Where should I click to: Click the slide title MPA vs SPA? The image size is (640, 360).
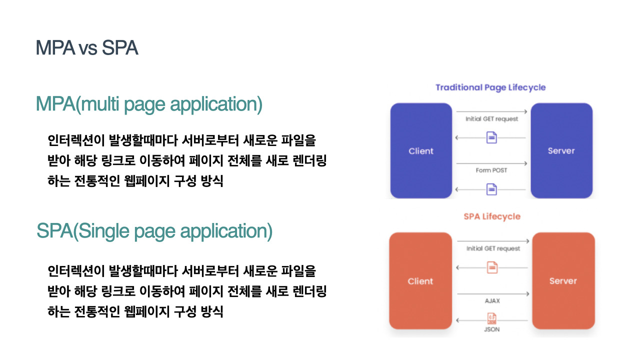[87, 48]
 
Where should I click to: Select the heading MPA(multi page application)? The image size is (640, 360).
[149, 104]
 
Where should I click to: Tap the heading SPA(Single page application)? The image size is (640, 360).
[154, 231]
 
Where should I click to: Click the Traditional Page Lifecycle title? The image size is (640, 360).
[490, 87]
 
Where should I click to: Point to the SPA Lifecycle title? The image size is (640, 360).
[492, 216]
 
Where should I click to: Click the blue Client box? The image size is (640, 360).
[421, 151]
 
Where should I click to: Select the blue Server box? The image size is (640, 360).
[561, 151]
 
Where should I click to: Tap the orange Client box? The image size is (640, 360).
[420, 281]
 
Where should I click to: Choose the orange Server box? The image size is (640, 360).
[563, 281]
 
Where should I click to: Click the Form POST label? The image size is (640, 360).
[491, 170]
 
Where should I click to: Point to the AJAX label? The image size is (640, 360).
[492, 301]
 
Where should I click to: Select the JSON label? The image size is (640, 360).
[492, 329]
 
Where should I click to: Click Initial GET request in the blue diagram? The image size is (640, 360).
[492, 119]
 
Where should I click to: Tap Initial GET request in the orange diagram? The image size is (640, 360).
[493, 248]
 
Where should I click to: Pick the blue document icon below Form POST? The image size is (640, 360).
[492, 189]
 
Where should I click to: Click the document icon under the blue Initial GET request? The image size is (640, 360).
[492, 137]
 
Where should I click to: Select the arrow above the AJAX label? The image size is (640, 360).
[493, 294]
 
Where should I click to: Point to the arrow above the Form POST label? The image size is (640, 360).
[492, 163]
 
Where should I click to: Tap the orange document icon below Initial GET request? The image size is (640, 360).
[492, 267]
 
